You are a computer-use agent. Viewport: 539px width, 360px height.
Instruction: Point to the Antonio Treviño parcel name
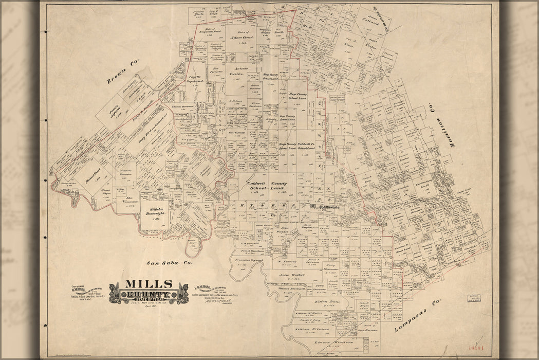(x=237, y=71)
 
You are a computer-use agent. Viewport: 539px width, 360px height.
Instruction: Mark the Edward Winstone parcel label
(x=330, y=341)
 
